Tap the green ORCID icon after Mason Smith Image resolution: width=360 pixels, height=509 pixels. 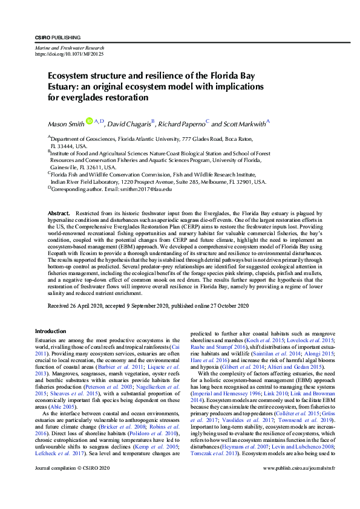(x=89, y=122)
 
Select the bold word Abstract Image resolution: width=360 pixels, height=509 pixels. (x=58, y=214)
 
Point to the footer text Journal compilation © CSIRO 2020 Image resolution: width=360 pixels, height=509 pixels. (x=72, y=485)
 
